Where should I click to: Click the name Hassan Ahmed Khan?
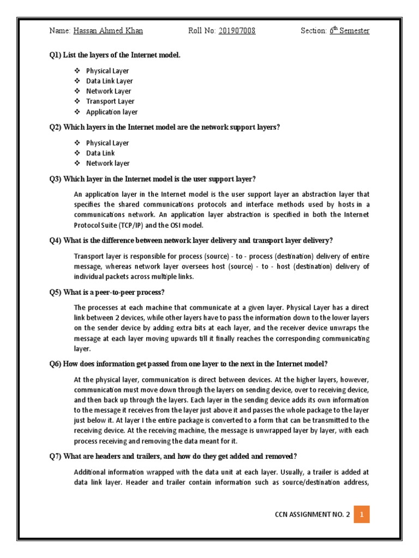[108, 31]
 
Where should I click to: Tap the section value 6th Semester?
[349, 31]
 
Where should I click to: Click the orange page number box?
[362, 514]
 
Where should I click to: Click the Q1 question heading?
[115, 55]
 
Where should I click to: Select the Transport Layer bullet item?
[110, 101]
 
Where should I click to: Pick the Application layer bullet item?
[112, 112]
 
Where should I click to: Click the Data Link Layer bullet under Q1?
[110, 81]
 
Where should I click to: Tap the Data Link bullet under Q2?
[100, 153]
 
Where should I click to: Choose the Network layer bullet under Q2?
[108, 163]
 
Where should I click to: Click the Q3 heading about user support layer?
[153, 179]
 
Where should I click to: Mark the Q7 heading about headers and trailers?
[172, 456]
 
